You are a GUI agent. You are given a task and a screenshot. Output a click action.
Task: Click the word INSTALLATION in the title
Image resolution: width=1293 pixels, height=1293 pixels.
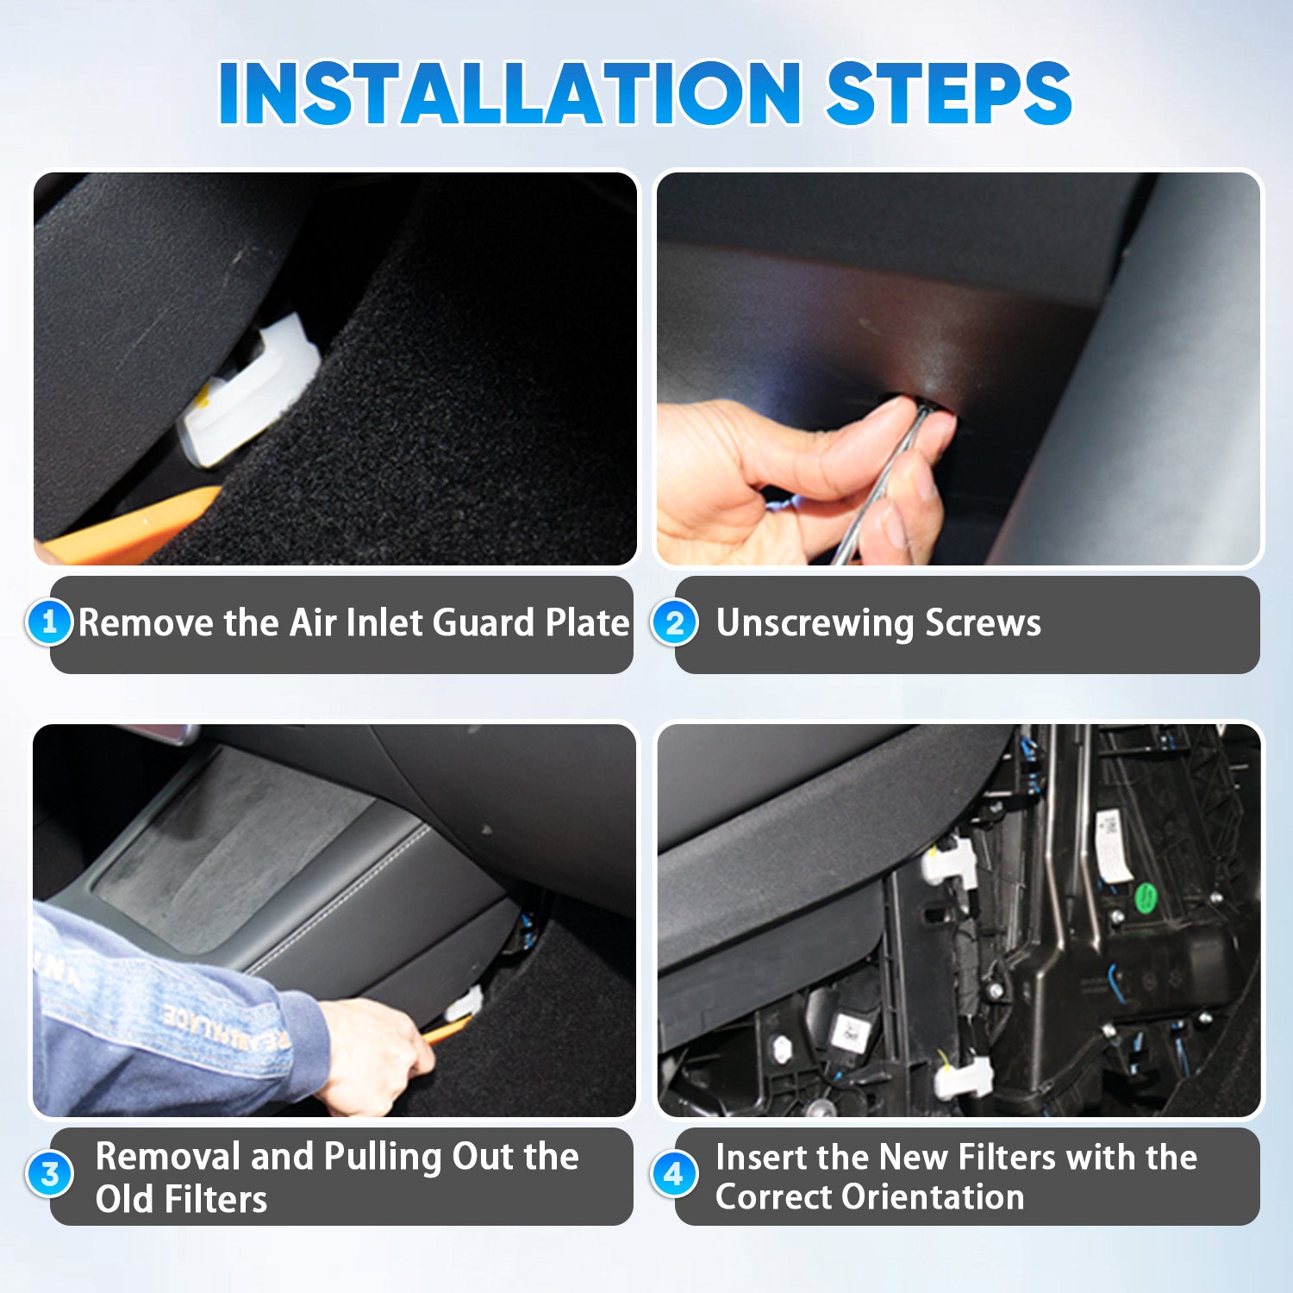[x=510, y=93]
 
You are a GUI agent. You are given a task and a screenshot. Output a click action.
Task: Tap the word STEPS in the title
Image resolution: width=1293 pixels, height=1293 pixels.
[x=949, y=93]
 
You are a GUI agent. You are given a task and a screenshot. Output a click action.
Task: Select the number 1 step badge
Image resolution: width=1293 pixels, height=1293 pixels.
[x=49, y=622]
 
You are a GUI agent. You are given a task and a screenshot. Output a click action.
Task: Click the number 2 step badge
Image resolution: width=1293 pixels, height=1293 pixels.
[x=674, y=622]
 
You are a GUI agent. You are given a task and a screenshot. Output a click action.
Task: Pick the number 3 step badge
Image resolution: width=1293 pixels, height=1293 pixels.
[x=49, y=1173]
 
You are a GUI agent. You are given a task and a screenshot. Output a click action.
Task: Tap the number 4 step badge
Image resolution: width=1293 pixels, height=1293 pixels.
[x=674, y=1173]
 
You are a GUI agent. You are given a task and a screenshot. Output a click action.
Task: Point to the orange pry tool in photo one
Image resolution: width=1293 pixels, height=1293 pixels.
[x=129, y=528]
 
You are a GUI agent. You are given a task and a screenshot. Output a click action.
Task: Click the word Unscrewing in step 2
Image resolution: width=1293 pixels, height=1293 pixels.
[x=815, y=623]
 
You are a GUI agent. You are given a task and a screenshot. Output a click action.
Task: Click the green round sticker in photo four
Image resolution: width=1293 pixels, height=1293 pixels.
[x=1146, y=898]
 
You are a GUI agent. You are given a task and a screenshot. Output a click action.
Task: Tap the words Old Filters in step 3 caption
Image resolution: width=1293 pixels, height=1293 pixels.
[x=181, y=1199]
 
